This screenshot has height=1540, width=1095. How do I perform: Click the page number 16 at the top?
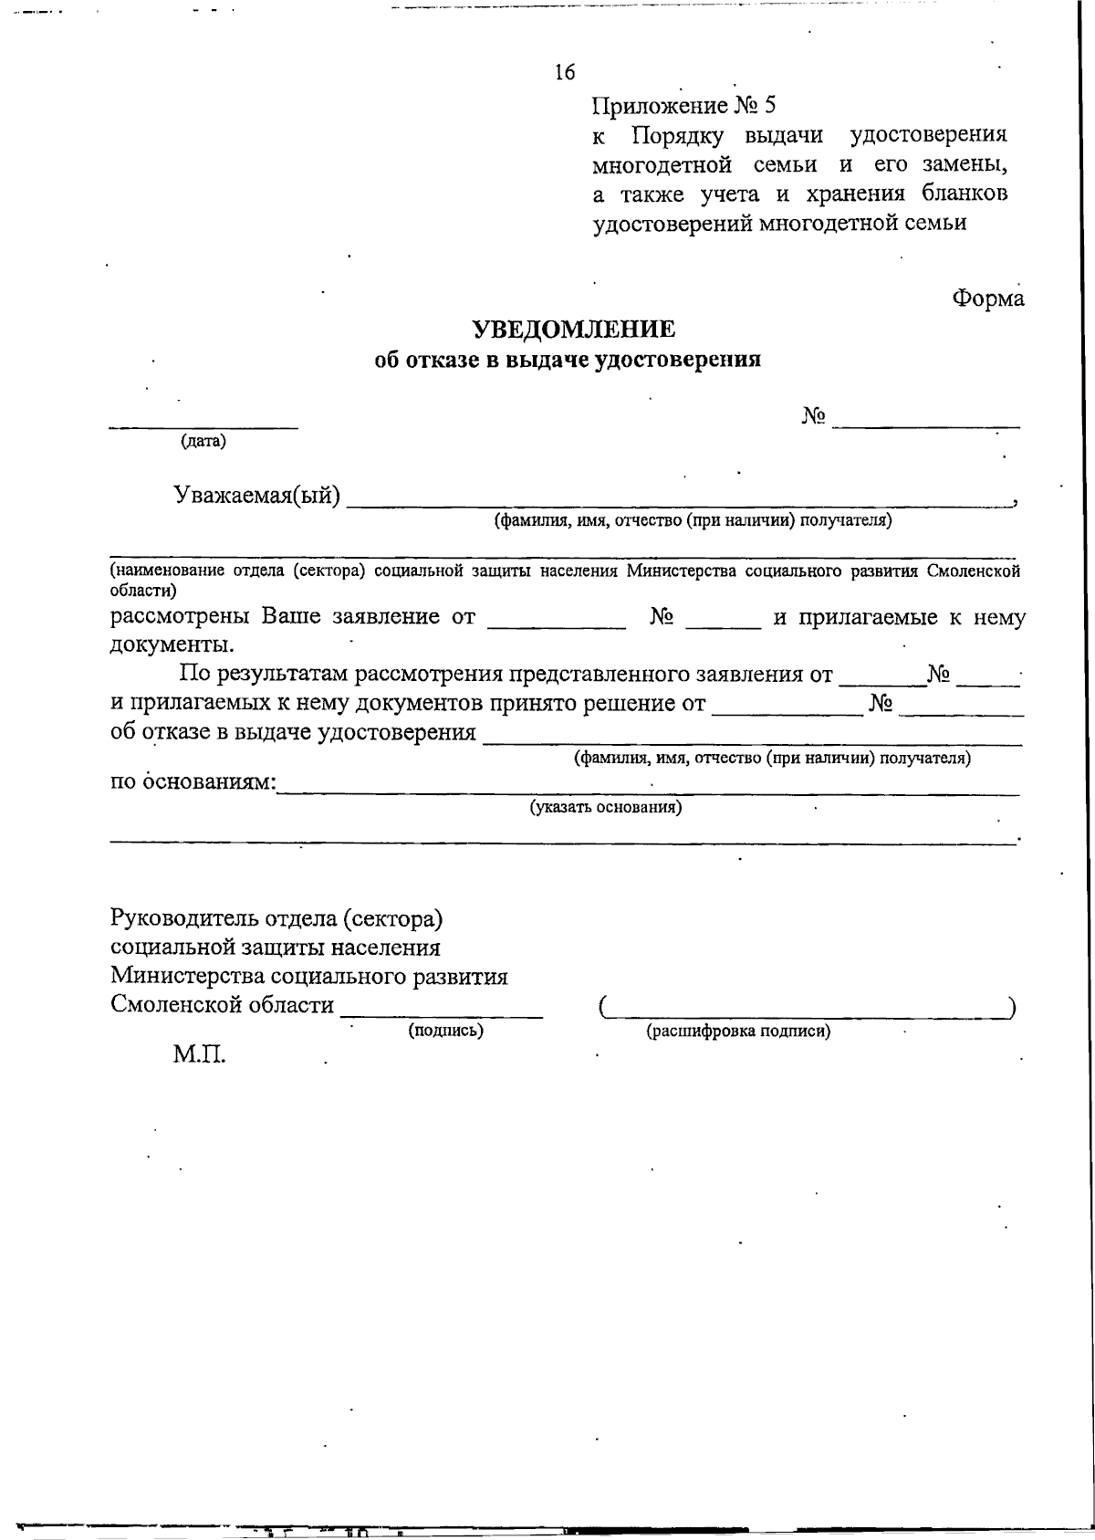(x=564, y=73)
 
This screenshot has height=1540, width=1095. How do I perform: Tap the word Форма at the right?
(x=988, y=299)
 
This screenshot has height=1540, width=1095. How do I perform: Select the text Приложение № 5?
(x=683, y=106)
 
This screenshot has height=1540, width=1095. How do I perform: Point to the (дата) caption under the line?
(x=203, y=442)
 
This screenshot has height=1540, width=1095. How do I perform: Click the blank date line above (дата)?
(x=203, y=424)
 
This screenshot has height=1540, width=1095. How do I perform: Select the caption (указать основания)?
(x=606, y=808)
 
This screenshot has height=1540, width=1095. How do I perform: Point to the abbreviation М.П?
(x=199, y=1056)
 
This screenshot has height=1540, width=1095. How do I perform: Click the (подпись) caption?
(x=444, y=1031)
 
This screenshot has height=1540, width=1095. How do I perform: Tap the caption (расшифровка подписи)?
(x=738, y=1032)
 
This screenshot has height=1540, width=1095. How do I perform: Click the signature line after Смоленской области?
(x=442, y=1013)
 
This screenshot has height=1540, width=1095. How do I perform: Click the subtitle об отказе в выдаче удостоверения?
(x=568, y=360)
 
